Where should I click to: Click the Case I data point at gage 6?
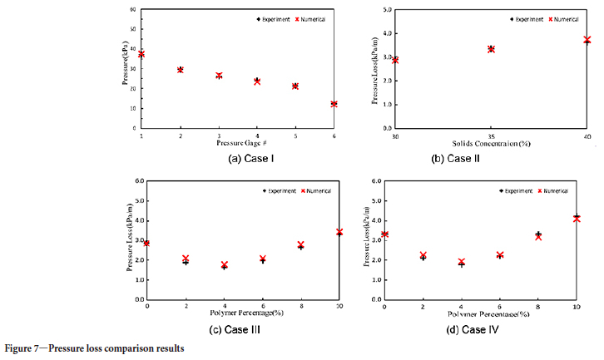[334, 104]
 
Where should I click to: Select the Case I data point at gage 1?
[141, 54]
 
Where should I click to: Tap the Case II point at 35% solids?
[491, 49]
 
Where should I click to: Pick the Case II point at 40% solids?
[587, 40]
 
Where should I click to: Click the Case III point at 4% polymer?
[224, 265]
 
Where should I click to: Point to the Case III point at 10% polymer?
[339, 232]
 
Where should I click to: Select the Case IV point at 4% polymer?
[462, 263]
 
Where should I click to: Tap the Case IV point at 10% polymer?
[577, 218]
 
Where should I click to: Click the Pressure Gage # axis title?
[238, 144]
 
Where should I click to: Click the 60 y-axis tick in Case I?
[132, 10]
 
